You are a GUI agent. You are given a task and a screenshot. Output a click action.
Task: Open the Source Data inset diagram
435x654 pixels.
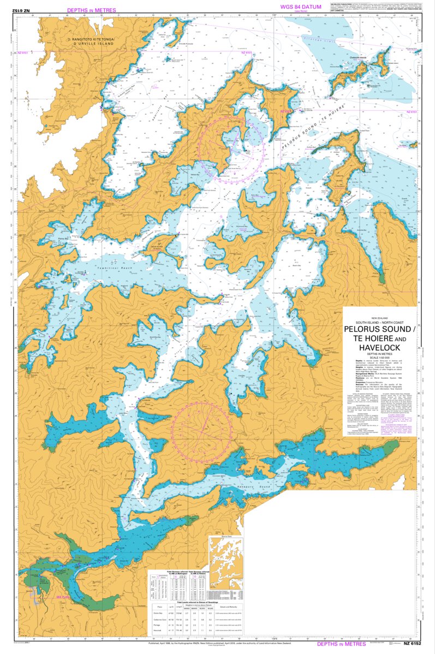click(226, 563)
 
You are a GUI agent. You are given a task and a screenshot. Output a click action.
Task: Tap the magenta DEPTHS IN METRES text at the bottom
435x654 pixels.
click(341, 645)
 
